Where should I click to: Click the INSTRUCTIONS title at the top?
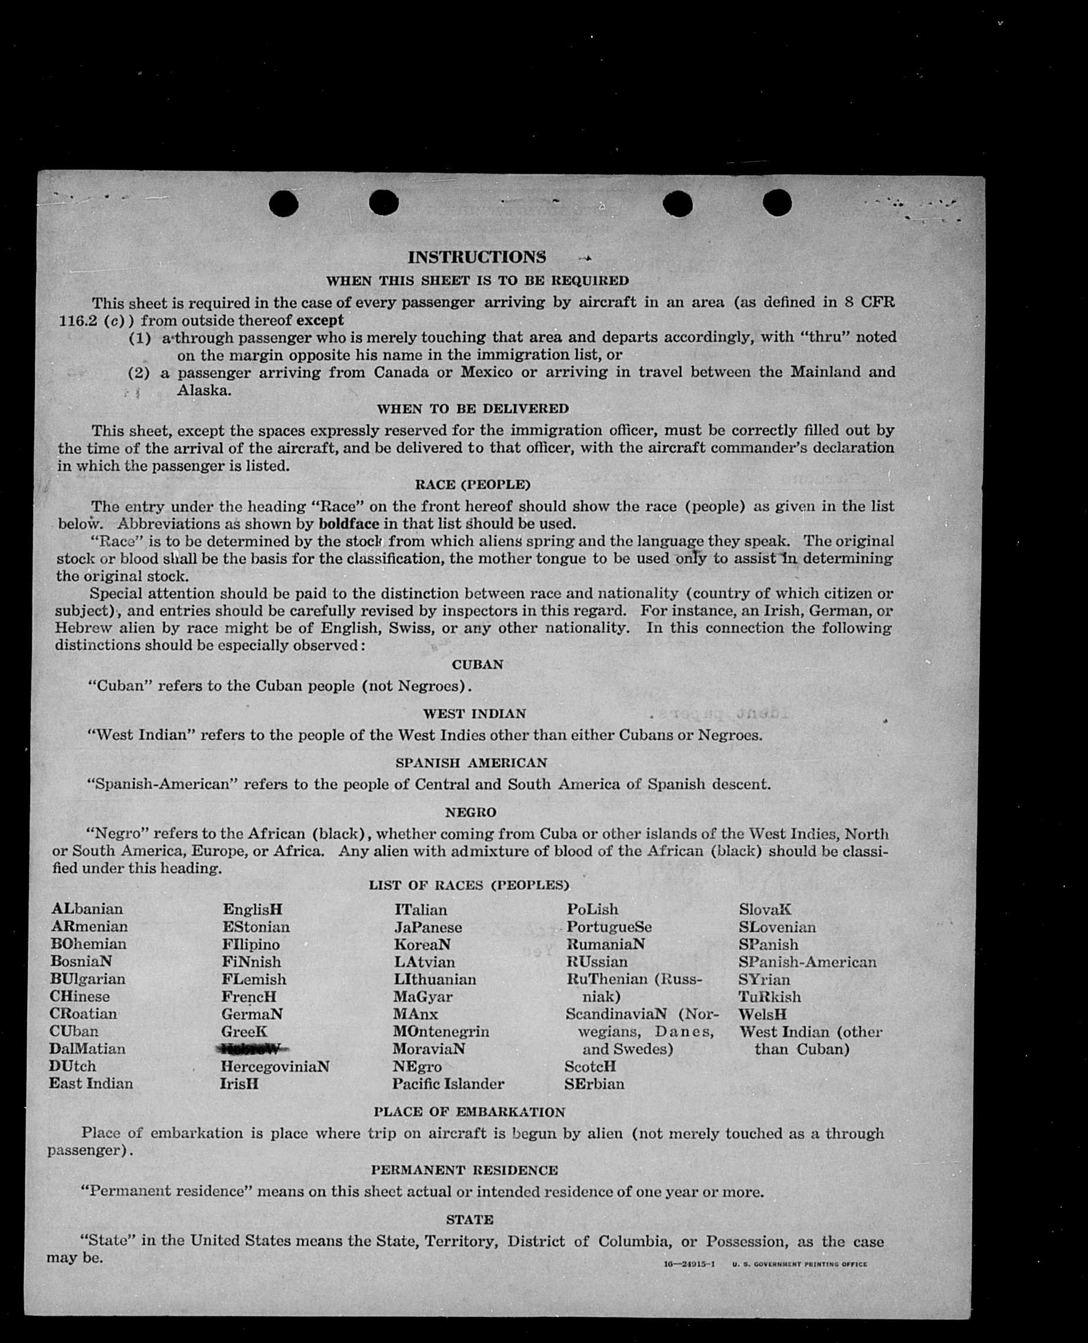[477, 257]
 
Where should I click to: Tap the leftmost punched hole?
[283, 204]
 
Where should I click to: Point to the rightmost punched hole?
[777, 202]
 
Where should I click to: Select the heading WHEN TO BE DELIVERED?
[472, 409]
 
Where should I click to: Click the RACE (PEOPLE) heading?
[472, 485]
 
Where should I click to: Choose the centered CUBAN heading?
[478, 664]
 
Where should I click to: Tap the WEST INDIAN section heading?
[475, 714]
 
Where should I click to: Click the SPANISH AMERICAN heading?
[471, 763]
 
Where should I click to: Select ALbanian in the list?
[88, 909]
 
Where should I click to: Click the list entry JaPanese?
[428, 927]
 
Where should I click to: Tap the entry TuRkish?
[770, 996]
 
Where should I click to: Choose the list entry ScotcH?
[590, 1066]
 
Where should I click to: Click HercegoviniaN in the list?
[275, 1066]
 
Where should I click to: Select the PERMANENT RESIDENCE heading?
[465, 1170]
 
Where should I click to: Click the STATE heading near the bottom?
[469, 1220]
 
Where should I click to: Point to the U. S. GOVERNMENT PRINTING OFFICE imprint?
[799, 1264]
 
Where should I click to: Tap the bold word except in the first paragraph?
[320, 320]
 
